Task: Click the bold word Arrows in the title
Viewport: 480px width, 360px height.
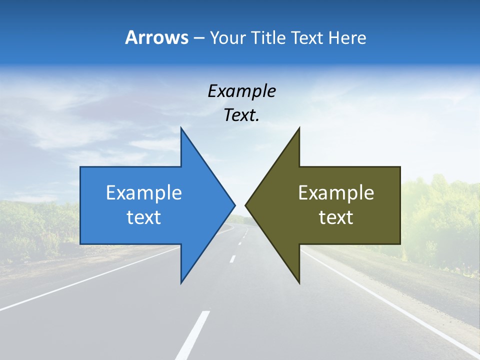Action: pos(156,37)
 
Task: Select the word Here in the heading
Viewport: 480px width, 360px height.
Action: pos(347,37)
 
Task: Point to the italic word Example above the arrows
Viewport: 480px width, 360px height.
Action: pos(241,91)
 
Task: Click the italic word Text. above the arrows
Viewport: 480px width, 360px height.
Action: pos(241,115)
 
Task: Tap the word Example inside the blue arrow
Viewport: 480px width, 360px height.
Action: pos(144,192)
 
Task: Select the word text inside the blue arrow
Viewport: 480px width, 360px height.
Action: pos(144,217)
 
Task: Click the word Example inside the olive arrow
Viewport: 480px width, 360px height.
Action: pos(336,192)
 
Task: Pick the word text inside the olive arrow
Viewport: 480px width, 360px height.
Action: pos(336,217)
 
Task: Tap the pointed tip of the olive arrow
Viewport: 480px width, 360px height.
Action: pos(246,205)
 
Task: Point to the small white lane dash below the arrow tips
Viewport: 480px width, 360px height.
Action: pos(232,259)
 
